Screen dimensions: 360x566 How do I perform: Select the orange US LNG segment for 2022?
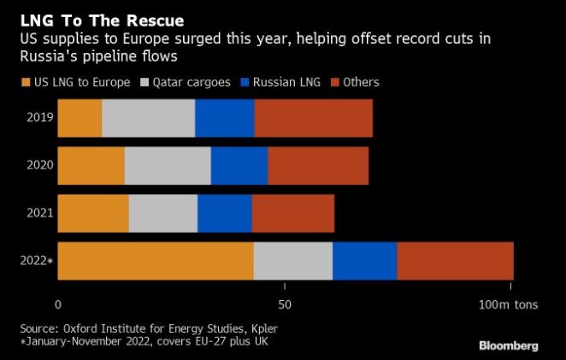pos(156,261)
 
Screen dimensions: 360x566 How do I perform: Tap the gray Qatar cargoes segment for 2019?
pos(149,118)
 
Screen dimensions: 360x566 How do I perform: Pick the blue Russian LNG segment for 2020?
pos(239,166)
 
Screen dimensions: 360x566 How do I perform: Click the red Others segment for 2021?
pos(292,213)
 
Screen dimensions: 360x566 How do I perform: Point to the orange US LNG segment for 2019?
pos(80,118)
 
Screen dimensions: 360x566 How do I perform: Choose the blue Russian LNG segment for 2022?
pos(364,261)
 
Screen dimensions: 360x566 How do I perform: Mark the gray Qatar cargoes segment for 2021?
pos(163,213)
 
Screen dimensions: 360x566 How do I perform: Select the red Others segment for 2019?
pos(313,118)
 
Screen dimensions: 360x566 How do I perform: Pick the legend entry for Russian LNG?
pos(277,82)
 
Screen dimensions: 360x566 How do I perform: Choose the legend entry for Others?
pos(354,82)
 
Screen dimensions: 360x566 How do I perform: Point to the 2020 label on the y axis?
pos(39,166)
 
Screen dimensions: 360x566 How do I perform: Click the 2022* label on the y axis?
pos(38,261)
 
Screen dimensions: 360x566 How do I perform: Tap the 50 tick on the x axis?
pos(286,304)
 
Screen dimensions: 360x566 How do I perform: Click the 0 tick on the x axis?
pos(58,304)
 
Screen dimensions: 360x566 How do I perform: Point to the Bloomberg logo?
pos(508,345)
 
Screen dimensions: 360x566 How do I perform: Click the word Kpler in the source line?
pos(262,328)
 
